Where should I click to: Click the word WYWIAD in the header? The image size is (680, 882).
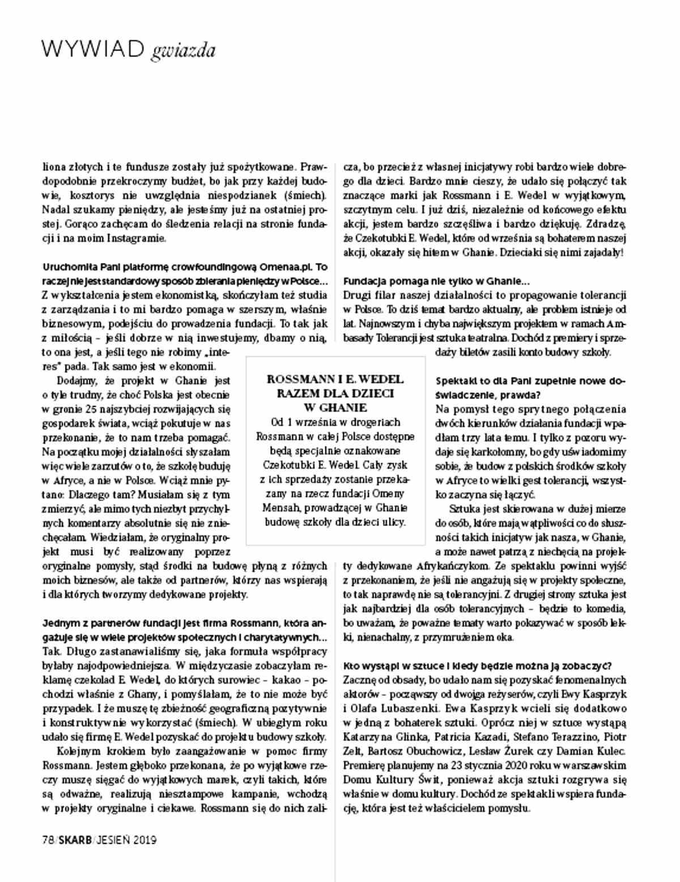[93, 50]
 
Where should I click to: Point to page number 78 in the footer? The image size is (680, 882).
[48, 839]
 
